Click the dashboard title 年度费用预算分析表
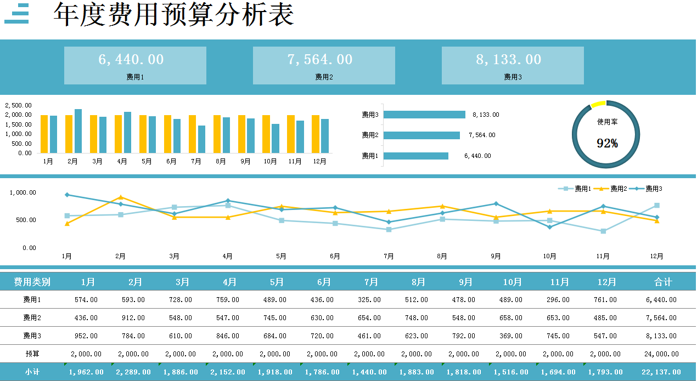(173, 15)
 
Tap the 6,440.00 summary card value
(131, 59)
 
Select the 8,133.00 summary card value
(509, 59)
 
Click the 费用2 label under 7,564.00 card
(324, 77)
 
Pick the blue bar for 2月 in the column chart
(78, 131)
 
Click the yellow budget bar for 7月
(192, 134)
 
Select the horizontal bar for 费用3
(425, 115)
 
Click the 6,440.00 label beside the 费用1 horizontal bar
(477, 156)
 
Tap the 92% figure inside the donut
(607, 144)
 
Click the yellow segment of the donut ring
(598, 104)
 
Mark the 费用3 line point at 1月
(67, 195)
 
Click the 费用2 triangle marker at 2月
(121, 197)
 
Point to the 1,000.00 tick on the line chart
(23, 192)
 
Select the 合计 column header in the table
(663, 282)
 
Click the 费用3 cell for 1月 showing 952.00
(86, 335)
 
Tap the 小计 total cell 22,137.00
(661, 372)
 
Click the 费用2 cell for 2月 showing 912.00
(133, 318)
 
